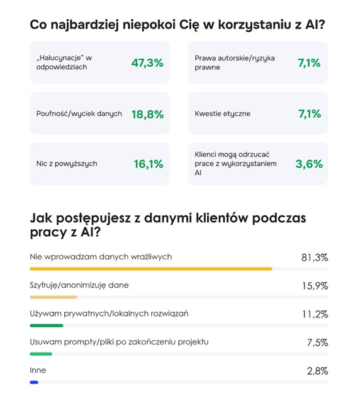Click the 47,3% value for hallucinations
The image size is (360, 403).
click(147, 62)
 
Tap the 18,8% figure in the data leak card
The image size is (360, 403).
click(147, 114)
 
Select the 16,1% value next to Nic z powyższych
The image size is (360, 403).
click(149, 164)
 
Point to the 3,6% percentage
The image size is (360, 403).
click(309, 164)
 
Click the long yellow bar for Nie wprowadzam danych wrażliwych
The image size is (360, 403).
click(151, 269)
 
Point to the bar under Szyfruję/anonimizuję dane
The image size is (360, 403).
click(53, 297)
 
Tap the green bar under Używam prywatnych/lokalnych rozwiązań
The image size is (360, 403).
click(47, 326)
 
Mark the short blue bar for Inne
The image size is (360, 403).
click(34, 382)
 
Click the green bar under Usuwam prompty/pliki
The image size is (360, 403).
click(41, 354)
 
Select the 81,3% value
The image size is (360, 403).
click(315, 258)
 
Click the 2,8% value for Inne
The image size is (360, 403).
click(317, 370)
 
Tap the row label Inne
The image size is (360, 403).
click(38, 370)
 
